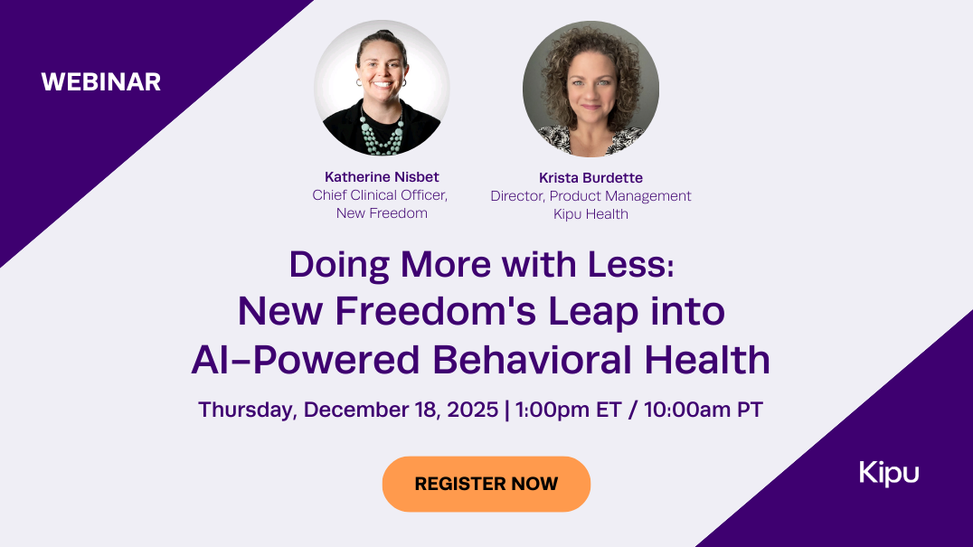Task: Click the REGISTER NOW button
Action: tap(486, 484)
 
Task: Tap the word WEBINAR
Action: tap(101, 82)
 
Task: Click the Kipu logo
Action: tap(889, 473)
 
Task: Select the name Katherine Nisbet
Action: tap(382, 176)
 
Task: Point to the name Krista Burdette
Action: tap(590, 178)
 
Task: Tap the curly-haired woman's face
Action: tap(590, 90)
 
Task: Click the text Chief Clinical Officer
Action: tap(380, 195)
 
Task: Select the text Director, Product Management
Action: tap(590, 196)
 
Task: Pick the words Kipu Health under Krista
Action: tap(590, 214)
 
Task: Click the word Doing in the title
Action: tap(339, 266)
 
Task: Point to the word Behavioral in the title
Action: tap(532, 360)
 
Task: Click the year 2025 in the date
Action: tap(472, 410)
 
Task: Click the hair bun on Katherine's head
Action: tap(384, 34)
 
